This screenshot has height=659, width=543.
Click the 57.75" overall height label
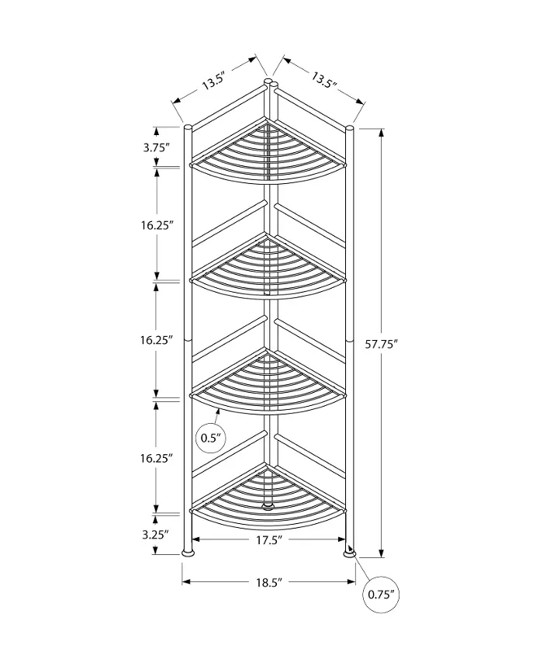point(381,345)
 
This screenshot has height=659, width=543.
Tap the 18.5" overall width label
point(268,582)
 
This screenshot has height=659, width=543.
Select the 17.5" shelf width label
point(268,539)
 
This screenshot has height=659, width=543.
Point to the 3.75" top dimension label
point(156,147)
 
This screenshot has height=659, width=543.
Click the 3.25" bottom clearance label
point(155,535)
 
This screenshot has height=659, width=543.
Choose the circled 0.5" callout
point(211,438)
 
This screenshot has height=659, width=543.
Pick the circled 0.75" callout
point(381,595)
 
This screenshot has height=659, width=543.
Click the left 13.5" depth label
point(214,81)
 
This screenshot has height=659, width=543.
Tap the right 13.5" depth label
point(324,79)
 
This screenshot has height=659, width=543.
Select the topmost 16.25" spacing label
point(157,225)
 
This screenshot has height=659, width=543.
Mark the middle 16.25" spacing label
point(157,339)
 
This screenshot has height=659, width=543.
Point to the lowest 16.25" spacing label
point(157,458)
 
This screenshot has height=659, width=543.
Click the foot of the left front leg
point(188,551)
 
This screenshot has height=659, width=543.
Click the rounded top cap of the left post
point(188,127)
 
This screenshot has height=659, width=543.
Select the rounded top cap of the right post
point(349,128)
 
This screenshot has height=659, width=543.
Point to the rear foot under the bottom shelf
point(267,505)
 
